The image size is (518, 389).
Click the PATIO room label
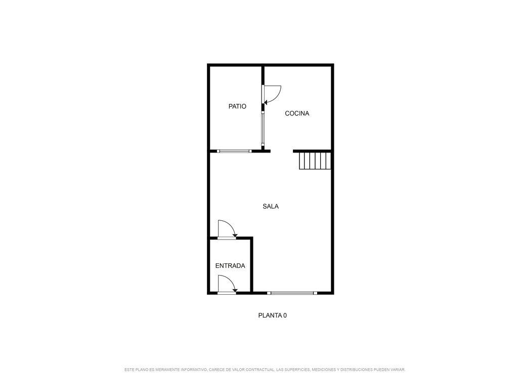[x=237, y=106]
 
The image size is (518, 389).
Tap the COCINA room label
[x=297, y=113]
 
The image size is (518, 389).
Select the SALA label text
[x=271, y=207]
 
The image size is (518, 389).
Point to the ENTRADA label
[x=230, y=265]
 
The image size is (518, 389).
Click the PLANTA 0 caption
[x=272, y=316]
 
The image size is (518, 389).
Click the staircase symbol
[x=315, y=161]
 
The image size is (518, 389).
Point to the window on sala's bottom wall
[x=292, y=293]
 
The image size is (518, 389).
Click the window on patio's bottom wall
[x=234, y=151]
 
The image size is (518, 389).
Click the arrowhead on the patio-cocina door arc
[x=266, y=103]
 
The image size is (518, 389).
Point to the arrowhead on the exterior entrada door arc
[x=235, y=291]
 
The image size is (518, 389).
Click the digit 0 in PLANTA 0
[x=285, y=316]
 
